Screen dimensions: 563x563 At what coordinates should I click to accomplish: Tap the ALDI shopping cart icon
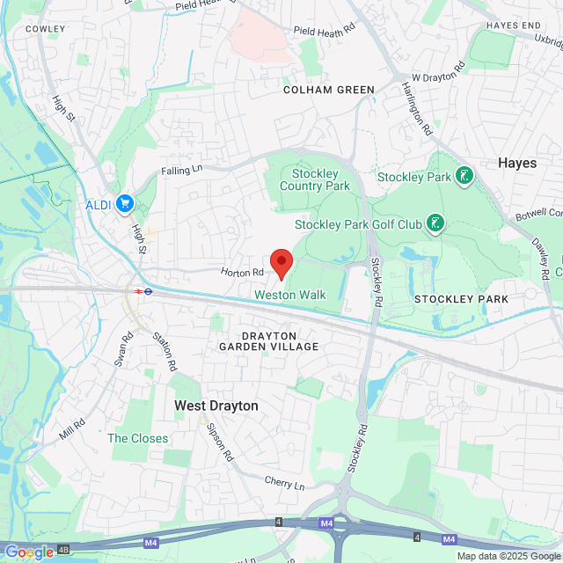[126, 204]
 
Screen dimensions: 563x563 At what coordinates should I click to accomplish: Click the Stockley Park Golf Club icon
[434, 224]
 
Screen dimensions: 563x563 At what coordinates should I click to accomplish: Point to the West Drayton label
[216, 406]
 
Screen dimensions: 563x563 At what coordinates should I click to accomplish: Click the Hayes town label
[517, 163]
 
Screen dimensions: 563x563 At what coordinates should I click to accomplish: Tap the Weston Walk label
[290, 295]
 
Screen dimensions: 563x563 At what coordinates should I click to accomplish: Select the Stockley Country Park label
[315, 179]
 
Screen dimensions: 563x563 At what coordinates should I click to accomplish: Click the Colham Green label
[329, 90]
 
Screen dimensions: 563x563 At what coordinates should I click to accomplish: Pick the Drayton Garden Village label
[269, 341]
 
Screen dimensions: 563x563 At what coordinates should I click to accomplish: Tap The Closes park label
[138, 438]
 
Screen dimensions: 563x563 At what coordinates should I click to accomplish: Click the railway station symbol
[139, 291]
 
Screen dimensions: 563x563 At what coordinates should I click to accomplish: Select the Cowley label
[46, 29]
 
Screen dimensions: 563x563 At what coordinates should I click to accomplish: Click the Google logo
[29, 552]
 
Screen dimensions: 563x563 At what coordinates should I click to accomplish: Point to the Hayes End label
[513, 26]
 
